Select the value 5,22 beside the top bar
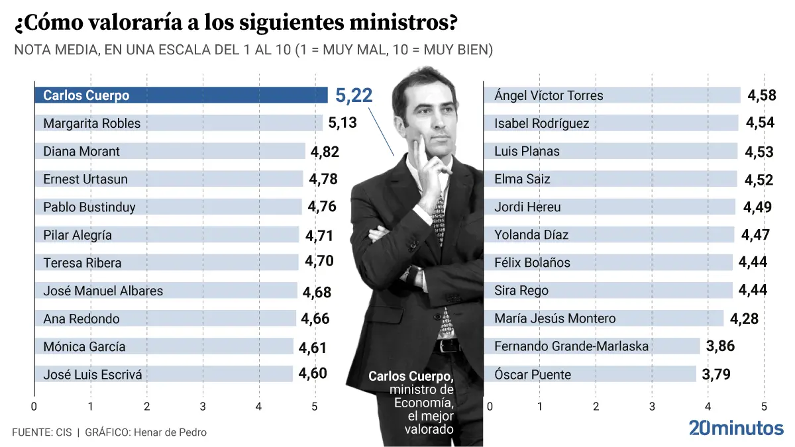354,96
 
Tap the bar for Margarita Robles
179,123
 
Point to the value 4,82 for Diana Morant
325,152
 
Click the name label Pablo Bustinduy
89,207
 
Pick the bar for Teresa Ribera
166,263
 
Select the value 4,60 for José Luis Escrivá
313,373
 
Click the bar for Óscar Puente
590,374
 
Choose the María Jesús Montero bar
603,319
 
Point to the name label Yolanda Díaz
531,235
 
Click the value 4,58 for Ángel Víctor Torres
761,95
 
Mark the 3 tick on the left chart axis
203,406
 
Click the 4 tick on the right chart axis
708,406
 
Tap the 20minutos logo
735,428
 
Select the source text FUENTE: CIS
42,432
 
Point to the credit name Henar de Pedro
170,432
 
